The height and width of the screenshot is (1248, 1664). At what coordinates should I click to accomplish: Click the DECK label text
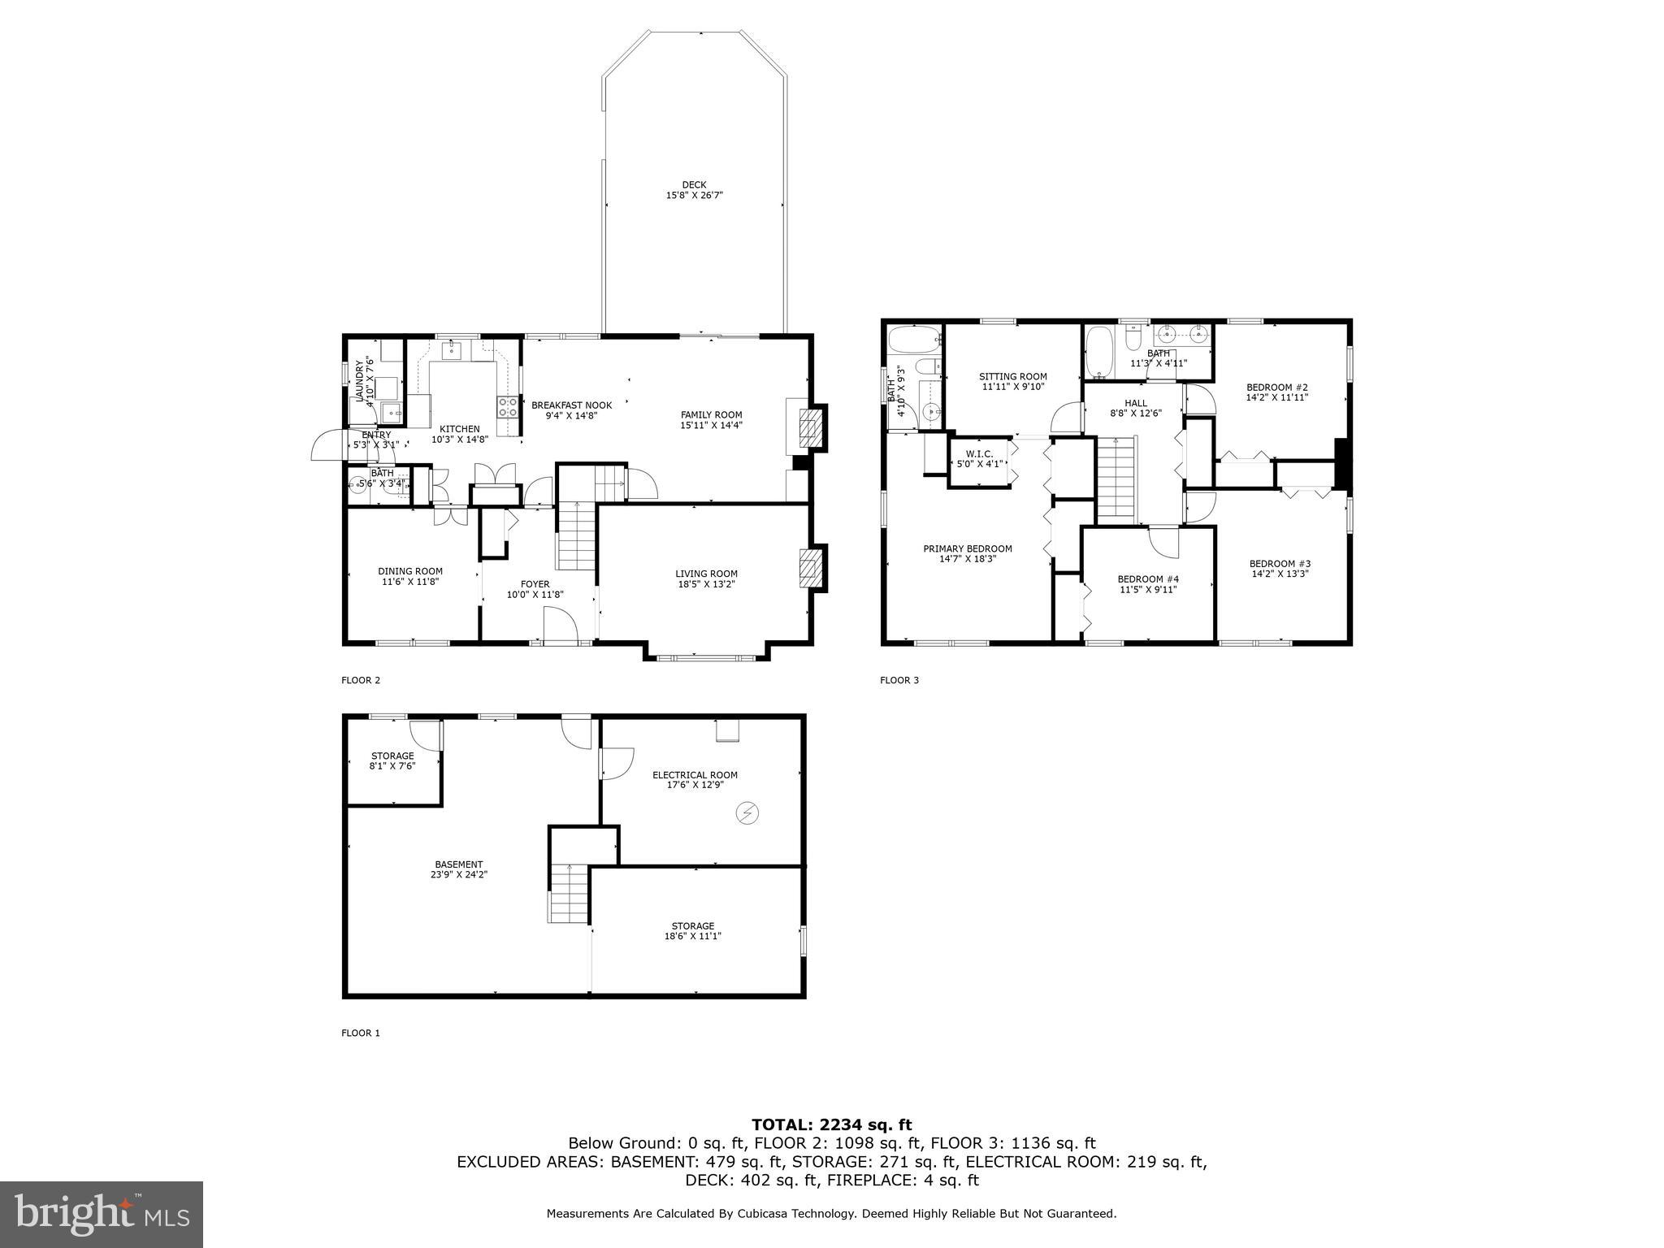coord(694,185)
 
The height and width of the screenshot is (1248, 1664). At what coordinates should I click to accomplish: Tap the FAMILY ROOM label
coord(711,415)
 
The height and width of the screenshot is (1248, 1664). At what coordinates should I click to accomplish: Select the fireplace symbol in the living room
coord(810,567)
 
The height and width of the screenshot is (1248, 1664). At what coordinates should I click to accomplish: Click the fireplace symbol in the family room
coord(810,428)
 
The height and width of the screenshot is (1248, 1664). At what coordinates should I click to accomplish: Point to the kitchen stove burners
coord(508,407)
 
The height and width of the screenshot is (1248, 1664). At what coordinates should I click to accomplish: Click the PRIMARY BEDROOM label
coord(967,549)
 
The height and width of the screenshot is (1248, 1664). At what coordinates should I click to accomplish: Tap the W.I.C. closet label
coord(978,454)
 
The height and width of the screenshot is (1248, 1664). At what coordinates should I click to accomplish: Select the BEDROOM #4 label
coord(1147,579)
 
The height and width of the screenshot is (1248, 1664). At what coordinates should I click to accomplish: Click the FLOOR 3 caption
coord(899,680)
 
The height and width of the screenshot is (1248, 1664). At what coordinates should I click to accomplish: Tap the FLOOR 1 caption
coord(360,1033)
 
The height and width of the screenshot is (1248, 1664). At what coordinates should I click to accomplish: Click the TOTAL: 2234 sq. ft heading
coord(831,1124)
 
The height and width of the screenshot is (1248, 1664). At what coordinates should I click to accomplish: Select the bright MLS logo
coord(102,1214)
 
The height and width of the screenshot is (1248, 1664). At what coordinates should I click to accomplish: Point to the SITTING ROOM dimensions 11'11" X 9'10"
coord(1012,387)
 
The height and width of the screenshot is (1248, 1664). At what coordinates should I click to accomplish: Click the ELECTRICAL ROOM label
coord(695,775)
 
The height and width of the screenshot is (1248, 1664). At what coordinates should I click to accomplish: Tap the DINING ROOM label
coord(409,571)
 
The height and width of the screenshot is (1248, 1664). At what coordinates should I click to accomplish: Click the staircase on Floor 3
coord(1116,479)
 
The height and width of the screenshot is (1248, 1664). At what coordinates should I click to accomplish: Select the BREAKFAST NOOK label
coord(571,405)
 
